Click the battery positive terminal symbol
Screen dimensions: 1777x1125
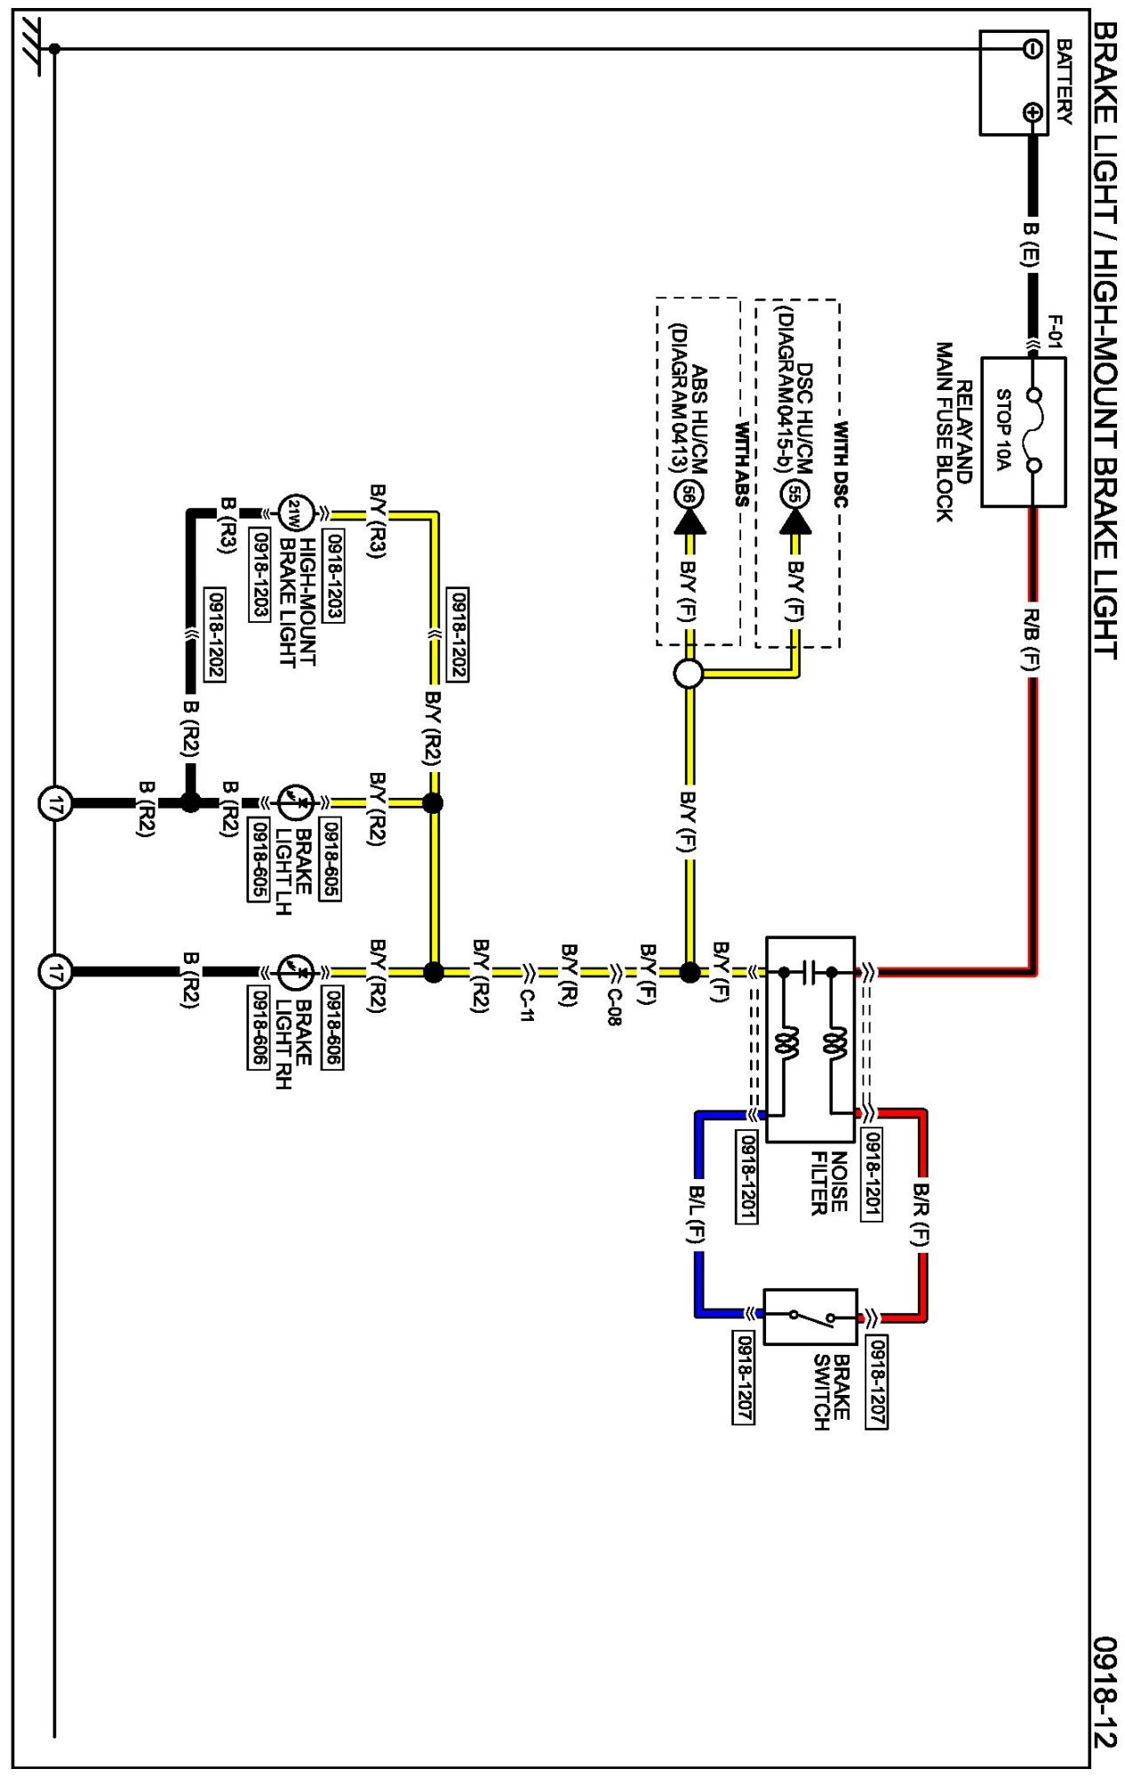click(x=1033, y=112)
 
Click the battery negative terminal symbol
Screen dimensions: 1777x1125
click(x=1033, y=48)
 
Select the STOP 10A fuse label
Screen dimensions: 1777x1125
click(x=1003, y=430)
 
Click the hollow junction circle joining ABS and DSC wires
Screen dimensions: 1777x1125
click(x=689, y=673)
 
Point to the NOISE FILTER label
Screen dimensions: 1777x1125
click(x=828, y=1182)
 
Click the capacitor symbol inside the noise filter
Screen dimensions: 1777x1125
click(x=808, y=972)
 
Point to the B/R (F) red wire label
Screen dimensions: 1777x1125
click(x=922, y=1215)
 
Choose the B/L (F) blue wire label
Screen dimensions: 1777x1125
click(x=698, y=1214)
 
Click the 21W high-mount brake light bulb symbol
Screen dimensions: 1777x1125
click(x=295, y=514)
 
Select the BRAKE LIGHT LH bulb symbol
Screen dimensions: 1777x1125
click(x=295, y=802)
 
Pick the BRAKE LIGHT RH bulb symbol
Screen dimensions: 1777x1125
click(x=295, y=972)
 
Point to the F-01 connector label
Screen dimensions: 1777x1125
click(x=1054, y=331)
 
